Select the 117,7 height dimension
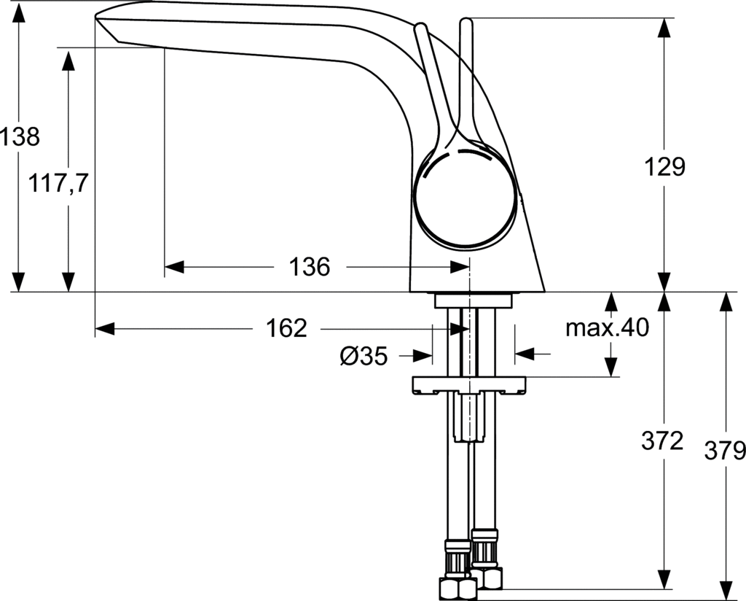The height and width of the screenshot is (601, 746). point(58,183)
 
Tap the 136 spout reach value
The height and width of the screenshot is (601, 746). point(309,267)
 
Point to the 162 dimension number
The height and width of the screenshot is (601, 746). point(286,329)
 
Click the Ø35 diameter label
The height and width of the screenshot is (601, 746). point(364,355)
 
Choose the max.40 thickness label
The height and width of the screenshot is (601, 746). point(607,328)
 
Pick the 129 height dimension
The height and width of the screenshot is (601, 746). point(664,167)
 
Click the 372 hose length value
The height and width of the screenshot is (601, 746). point(662,441)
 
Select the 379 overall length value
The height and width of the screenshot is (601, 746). point(725,450)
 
